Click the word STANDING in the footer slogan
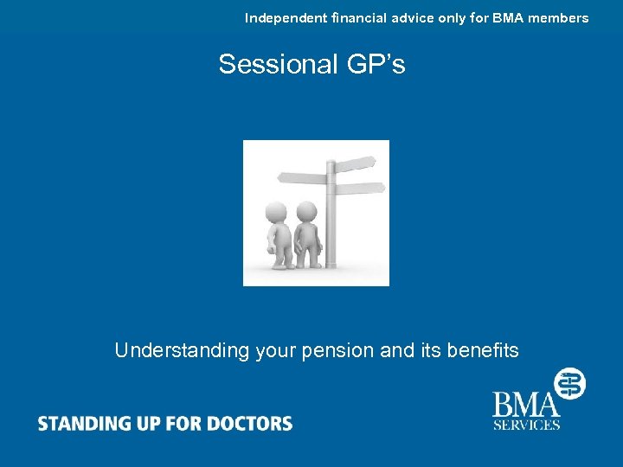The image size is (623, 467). click(80, 424)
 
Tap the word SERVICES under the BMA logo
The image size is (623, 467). click(527, 425)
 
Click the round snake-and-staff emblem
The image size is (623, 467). click(569, 382)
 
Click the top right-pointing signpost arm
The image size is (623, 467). click(355, 164)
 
